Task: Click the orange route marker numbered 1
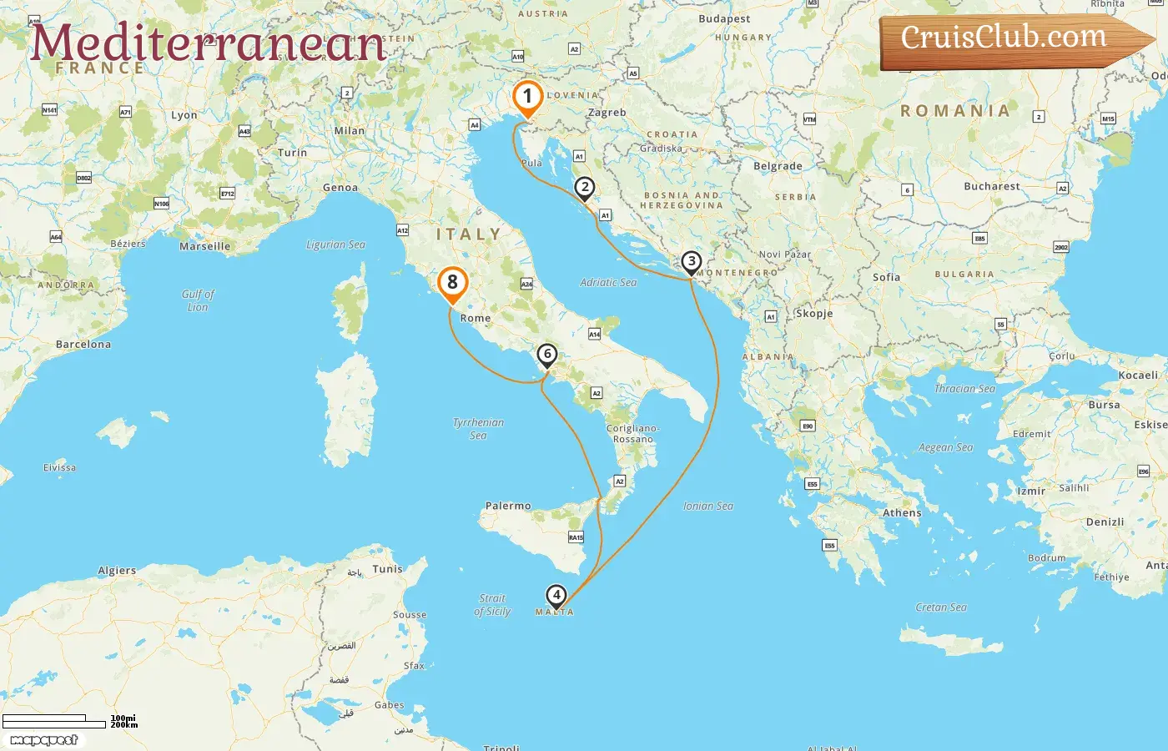pyautogui.click(x=527, y=98)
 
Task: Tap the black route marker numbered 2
pyautogui.click(x=585, y=188)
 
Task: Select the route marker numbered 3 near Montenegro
pyautogui.click(x=691, y=262)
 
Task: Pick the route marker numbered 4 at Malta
pyautogui.click(x=556, y=596)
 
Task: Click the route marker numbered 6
pyautogui.click(x=547, y=355)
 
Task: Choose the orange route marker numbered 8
pyautogui.click(x=452, y=283)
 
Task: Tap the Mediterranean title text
pyautogui.click(x=208, y=43)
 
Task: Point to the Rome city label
pyautogui.click(x=476, y=318)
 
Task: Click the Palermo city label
pyautogui.click(x=508, y=506)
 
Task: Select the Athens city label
pyautogui.click(x=902, y=513)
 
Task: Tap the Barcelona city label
pyautogui.click(x=83, y=344)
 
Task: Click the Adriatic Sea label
pyautogui.click(x=608, y=283)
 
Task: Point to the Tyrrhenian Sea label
pyautogui.click(x=478, y=428)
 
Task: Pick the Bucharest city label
pyautogui.click(x=991, y=186)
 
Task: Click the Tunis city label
pyautogui.click(x=387, y=569)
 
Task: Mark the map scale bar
pyautogui.click(x=55, y=721)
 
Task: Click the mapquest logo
pyautogui.click(x=43, y=740)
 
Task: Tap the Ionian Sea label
pyautogui.click(x=707, y=506)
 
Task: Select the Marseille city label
pyautogui.click(x=204, y=246)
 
